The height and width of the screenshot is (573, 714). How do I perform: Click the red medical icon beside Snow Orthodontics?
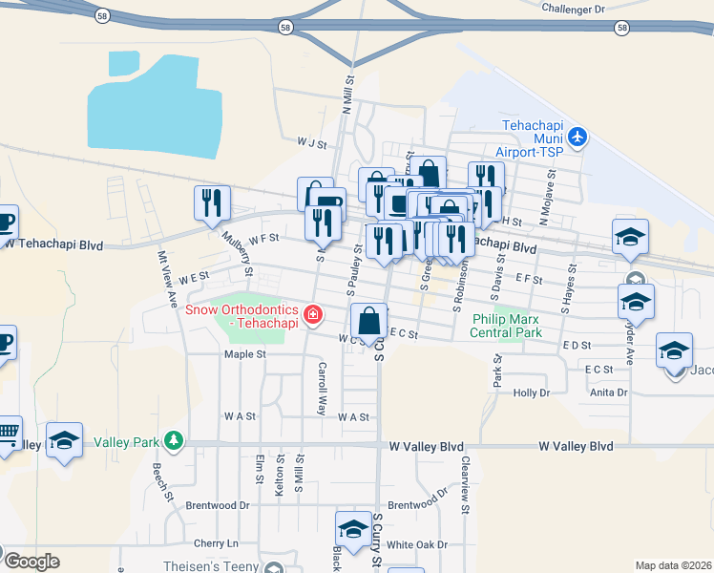click(311, 314)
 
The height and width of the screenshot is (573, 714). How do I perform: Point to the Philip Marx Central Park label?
click(506, 326)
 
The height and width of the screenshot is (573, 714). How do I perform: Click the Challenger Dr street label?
click(574, 9)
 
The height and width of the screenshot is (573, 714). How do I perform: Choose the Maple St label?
click(243, 354)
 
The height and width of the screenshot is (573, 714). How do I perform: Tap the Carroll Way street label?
click(323, 387)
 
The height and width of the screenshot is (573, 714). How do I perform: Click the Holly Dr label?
click(532, 393)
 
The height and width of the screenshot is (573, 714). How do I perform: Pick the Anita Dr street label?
click(608, 393)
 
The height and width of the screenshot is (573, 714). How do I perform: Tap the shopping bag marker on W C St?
click(368, 323)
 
